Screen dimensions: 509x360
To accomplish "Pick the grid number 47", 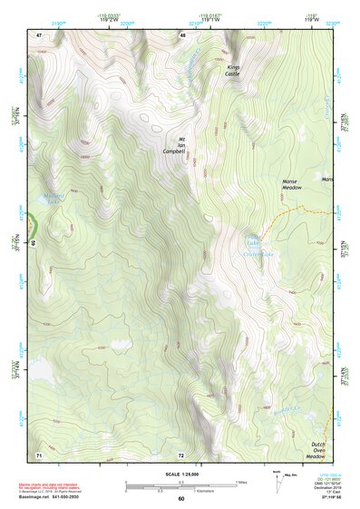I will click(x=39, y=34).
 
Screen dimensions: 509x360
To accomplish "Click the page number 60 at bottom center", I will click(x=181, y=499).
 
